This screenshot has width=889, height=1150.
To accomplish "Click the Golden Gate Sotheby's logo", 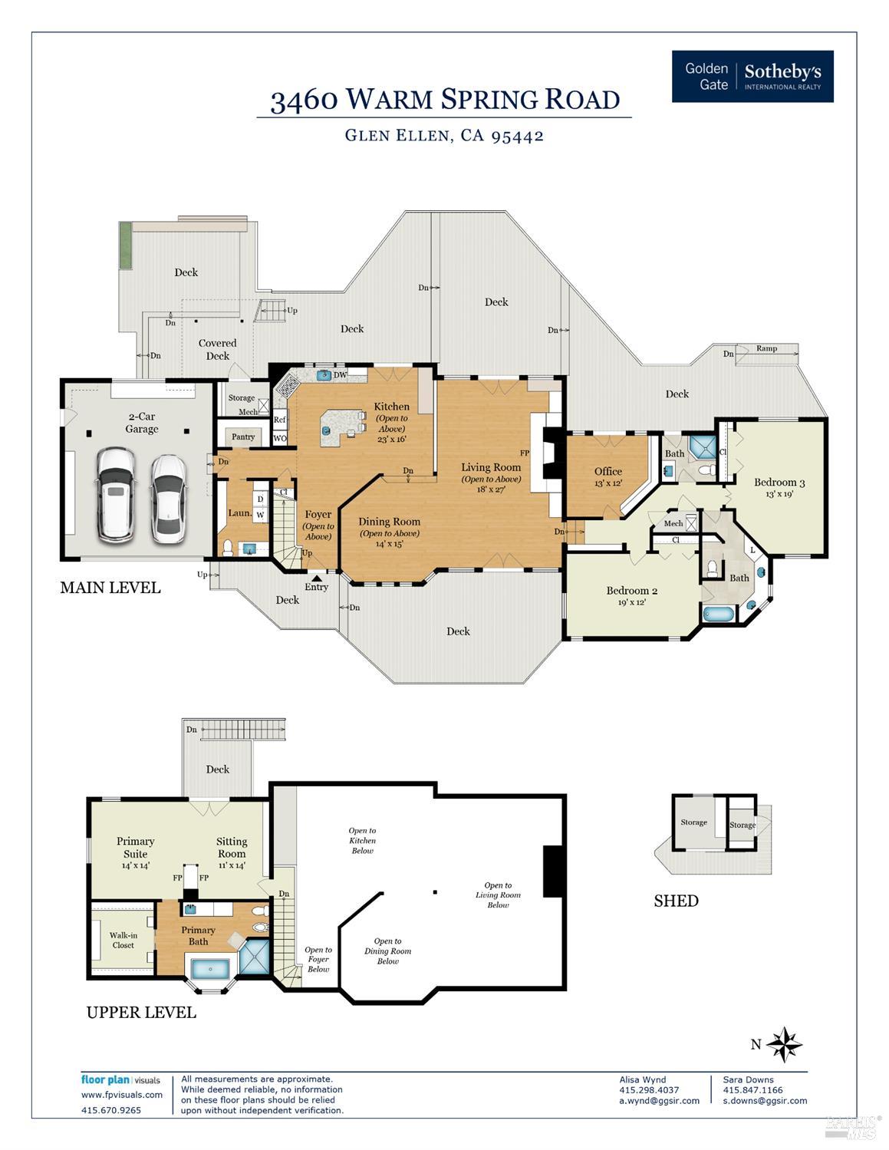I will [x=752, y=77].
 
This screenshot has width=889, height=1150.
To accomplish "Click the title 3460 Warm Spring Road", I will [x=444, y=100].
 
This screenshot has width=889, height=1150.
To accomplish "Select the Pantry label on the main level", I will [x=243, y=437].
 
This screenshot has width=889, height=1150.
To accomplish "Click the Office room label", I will [x=607, y=471].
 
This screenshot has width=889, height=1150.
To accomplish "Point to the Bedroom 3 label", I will [x=779, y=483].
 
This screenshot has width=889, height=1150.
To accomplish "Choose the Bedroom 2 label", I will [x=631, y=591].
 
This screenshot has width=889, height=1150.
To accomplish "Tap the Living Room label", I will [x=490, y=467].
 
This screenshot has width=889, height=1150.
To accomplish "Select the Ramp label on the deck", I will [x=766, y=348].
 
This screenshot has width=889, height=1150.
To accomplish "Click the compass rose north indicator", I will [x=783, y=1044].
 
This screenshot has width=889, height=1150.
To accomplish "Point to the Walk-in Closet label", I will [x=123, y=940].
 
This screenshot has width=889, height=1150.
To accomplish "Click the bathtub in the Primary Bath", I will [x=209, y=968].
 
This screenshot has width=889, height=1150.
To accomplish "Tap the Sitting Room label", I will [x=231, y=847].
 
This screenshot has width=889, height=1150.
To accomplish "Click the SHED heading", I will [x=676, y=901].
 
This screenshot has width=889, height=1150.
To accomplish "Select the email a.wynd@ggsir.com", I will [x=659, y=1100].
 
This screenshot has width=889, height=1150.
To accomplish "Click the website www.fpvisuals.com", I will [x=122, y=1095].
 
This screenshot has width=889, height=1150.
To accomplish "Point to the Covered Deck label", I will [x=217, y=349].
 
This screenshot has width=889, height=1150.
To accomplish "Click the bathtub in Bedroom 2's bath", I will [x=718, y=615].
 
